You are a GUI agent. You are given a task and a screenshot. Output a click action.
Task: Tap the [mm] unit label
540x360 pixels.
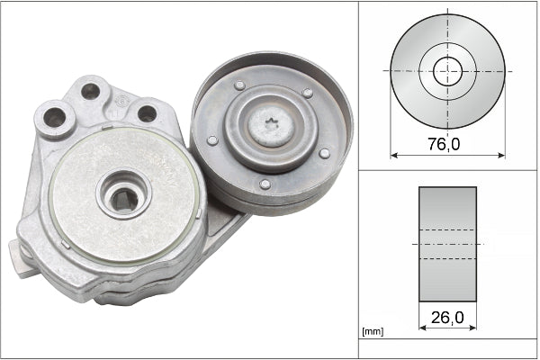pos(372,332)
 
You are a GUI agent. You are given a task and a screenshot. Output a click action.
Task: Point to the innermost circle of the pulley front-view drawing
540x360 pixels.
pos(447,71)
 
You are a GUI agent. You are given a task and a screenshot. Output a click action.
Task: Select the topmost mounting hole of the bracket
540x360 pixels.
pos(90,91)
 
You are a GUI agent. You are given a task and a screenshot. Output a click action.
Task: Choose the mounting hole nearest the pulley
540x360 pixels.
pos(146,113)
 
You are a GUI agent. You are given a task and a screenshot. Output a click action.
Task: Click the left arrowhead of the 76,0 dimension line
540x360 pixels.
pos(393,154)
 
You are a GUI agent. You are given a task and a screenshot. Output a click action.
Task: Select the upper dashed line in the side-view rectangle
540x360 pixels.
pos(447,231)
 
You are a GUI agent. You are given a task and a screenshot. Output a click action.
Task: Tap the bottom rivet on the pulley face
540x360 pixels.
pos(265,184)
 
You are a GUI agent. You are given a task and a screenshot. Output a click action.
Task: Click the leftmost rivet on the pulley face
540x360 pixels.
pos(212,140)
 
